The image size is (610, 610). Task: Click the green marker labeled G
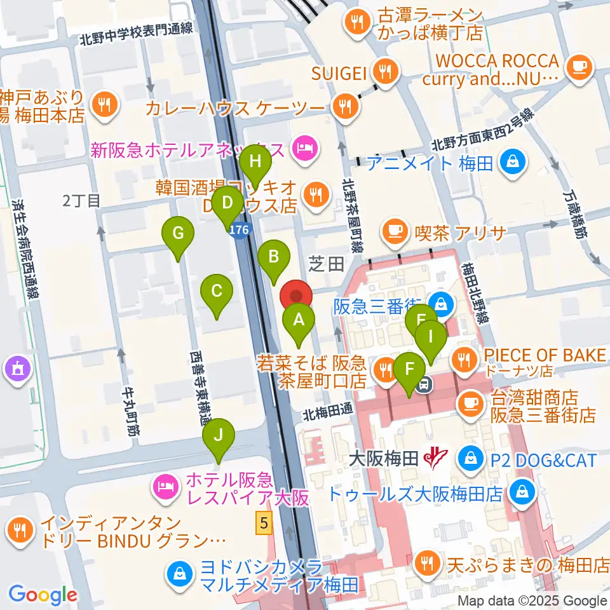click(179, 234)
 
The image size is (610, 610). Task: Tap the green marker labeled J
click(219, 435)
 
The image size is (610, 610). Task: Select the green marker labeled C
click(216, 292)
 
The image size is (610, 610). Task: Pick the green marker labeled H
click(255, 161)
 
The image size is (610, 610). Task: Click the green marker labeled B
click(274, 257)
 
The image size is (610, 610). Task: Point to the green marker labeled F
click(410, 369)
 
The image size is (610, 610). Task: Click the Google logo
click(43, 595)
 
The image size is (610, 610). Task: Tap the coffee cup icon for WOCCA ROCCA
click(578, 67)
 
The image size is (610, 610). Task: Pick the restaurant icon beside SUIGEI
click(384, 71)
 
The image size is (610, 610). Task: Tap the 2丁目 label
click(81, 201)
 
